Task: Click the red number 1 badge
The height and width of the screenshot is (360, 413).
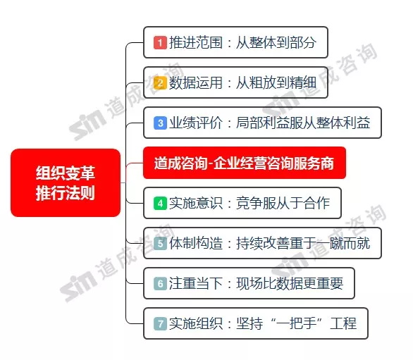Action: click(160, 43)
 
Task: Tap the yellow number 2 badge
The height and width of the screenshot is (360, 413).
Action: click(160, 83)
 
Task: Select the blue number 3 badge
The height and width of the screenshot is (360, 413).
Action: click(160, 123)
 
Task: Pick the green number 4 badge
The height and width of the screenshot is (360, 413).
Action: click(160, 204)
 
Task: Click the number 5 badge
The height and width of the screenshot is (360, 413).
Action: click(160, 243)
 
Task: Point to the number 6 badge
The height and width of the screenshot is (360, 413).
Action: click(160, 284)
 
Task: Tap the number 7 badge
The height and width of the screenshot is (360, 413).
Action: click(160, 323)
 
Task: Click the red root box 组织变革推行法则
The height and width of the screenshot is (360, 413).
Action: click(66, 182)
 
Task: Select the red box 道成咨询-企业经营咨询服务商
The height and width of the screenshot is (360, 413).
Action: click(245, 163)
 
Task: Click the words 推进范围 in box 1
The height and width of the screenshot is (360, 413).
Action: click(196, 43)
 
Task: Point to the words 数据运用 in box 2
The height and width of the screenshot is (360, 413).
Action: click(196, 83)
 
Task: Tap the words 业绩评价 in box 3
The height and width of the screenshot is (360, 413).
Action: click(196, 123)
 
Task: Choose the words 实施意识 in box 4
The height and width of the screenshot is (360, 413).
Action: click(196, 204)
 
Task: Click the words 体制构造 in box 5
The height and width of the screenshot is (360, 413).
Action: click(196, 243)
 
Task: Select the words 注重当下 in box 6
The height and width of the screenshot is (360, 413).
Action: click(196, 284)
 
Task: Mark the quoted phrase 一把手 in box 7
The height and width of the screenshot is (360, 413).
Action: click(296, 323)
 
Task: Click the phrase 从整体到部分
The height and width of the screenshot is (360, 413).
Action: click(276, 43)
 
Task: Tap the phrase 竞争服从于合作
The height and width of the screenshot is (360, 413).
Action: click(283, 204)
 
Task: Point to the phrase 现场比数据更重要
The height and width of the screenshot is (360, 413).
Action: click(290, 284)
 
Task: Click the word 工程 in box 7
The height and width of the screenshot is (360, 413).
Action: click(343, 323)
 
